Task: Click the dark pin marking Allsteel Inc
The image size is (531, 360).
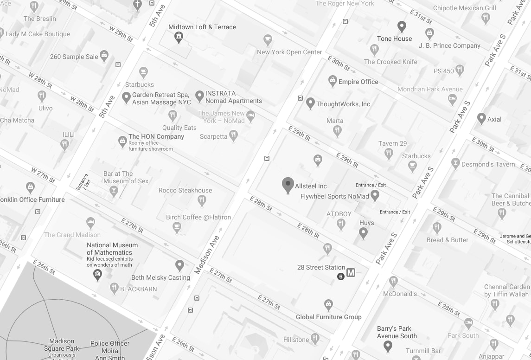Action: point(288,185)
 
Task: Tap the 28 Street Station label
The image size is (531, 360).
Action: point(321,267)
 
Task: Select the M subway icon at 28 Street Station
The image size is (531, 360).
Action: point(351,273)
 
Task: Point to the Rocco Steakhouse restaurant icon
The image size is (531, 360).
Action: point(202,200)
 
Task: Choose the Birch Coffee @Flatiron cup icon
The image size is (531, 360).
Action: point(177,227)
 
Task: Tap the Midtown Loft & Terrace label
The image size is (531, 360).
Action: point(202,27)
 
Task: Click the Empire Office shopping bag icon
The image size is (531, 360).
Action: point(333,81)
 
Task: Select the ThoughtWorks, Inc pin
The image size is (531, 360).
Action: point(310,103)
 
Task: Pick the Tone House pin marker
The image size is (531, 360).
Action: point(402,26)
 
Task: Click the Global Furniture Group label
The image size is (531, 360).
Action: point(328,317)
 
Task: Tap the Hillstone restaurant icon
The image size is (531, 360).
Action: point(315,339)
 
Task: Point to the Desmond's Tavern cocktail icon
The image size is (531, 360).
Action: point(455,163)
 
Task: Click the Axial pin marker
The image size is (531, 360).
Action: point(481,118)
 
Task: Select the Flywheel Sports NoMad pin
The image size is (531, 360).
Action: point(375,195)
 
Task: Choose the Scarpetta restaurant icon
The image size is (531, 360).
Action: point(233,135)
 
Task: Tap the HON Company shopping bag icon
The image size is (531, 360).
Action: point(122,141)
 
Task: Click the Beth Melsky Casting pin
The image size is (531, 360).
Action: point(179,265)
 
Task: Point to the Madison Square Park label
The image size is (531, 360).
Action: point(62,345)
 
